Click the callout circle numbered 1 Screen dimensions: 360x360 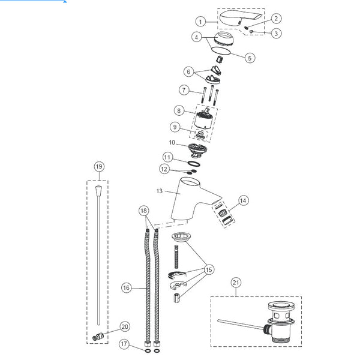(202, 22)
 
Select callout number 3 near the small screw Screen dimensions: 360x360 (276, 34)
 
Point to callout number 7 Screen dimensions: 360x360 (184, 91)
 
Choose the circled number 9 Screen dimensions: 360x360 (175, 127)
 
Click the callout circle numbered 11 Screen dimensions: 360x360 (168, 157)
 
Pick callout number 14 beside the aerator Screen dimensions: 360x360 (242, 200)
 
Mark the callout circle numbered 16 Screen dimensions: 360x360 (126, 288)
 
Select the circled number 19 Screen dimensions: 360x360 (99, 166)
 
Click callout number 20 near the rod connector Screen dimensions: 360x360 (124, 327)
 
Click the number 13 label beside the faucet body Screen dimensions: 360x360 (159, 191)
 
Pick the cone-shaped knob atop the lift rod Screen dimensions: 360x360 (97, 192)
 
